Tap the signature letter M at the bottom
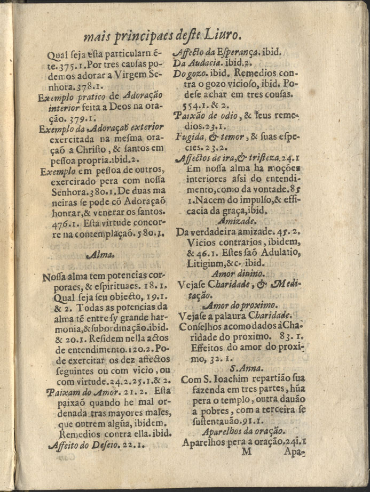[x=246, y=453]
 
